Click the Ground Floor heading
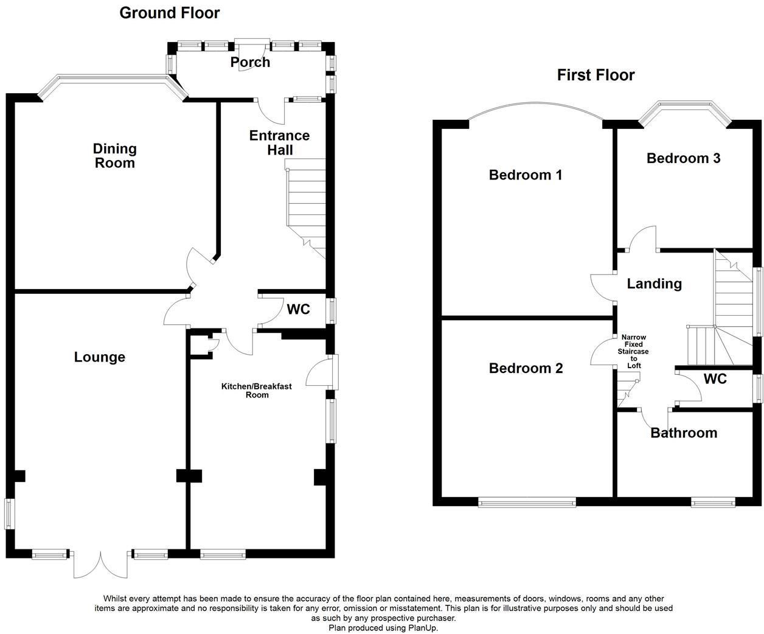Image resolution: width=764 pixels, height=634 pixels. (x=169, y=13)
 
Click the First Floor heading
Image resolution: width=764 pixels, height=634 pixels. (x=596, y=75)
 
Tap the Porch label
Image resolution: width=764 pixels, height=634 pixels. (x=250, y=62)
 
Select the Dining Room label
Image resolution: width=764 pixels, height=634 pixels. (x=114, y=156)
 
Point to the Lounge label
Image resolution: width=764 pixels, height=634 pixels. (x=100, y=357)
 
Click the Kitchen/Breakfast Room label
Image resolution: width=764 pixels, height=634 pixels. (x=256, y=391)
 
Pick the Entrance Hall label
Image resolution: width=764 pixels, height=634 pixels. (x=279, y=142)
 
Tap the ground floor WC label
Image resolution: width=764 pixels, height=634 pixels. (x=298, y=310)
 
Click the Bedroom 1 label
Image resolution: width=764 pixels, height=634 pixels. (x=526, y=175)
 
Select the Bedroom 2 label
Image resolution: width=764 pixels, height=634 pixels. (x=526, y=368)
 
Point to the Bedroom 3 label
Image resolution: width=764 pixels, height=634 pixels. (x=683, y=158)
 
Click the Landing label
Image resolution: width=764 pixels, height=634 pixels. (x=654, y=284)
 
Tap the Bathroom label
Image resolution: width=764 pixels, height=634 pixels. (x=684, y=433)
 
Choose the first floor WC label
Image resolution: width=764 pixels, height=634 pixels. (x=715, y=379)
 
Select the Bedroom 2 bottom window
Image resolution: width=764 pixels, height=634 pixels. (x=527, y=503)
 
